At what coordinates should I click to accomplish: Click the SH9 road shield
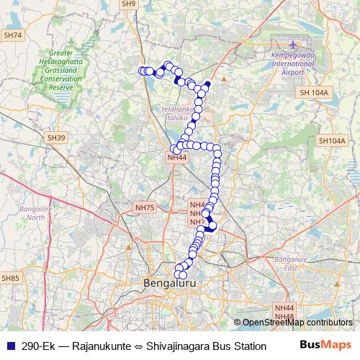[129, 4]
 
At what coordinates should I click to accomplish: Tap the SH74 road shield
[13, 35]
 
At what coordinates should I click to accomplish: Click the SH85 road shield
[11, 277]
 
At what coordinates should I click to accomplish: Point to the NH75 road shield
[145, 207]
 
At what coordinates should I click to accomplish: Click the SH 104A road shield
[312, 93]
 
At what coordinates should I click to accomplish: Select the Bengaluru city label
[171, 284]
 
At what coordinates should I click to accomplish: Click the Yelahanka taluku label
[171, 112]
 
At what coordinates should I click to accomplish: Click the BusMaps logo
[325, 345]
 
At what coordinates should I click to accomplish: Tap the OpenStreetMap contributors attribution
[297, 323]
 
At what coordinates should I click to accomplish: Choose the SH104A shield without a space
[332, 140]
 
